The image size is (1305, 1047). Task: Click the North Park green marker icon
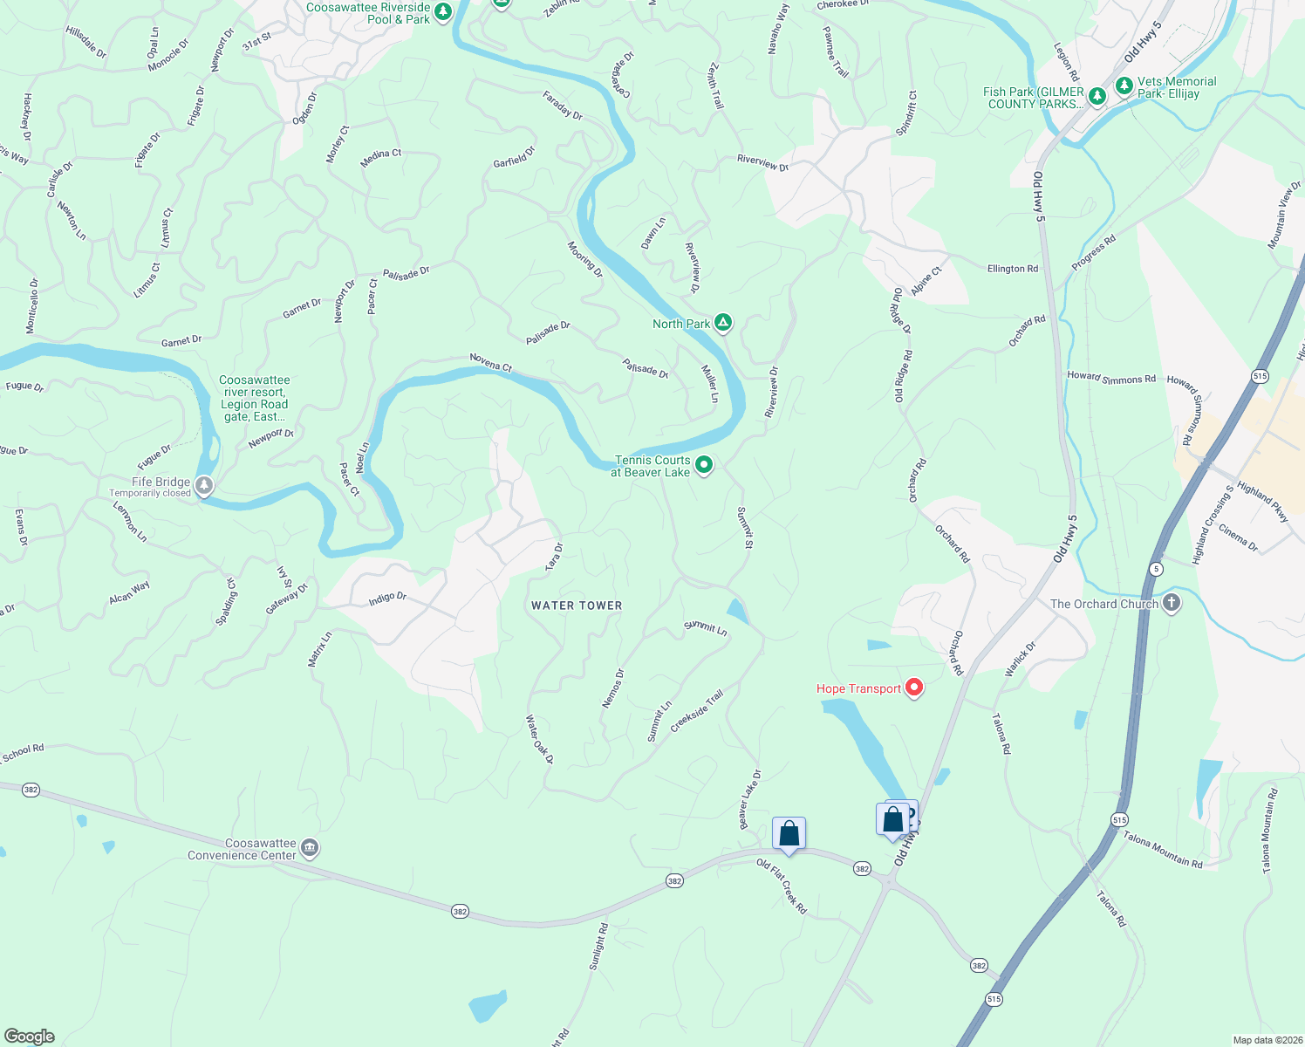[x=722, y=323]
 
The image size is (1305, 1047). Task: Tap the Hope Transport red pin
[x=914, y=688]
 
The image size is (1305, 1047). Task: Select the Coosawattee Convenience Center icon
[x=309, y=848]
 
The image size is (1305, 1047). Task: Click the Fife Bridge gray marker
[x=204, y=485]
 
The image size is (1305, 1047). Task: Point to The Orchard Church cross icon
[x=1172, y=603]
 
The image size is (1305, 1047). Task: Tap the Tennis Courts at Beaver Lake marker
[x=704, y=466]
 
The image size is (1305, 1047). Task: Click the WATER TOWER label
[x=577, y=606]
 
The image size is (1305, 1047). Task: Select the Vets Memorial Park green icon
[x=1124, y=86]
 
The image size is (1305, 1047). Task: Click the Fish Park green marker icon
[x=1097, y=96]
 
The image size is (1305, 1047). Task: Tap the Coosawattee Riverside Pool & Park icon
[x=443, y=12]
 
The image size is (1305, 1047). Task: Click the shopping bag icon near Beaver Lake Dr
[x=789, y=833]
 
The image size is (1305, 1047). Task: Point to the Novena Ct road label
[x=491, y=362]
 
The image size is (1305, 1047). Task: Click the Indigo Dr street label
[x=387, y=598]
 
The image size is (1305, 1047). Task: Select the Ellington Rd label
[x=1013, y=269]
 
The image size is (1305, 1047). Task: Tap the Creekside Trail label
[x=697, y=711]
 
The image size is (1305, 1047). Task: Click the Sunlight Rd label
[x=598, y=947]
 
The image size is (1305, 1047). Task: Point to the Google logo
[x=30, y=1037]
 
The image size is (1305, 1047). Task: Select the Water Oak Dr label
[x=539, y=739]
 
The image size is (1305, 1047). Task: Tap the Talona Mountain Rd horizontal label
[x=1163, y=851]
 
